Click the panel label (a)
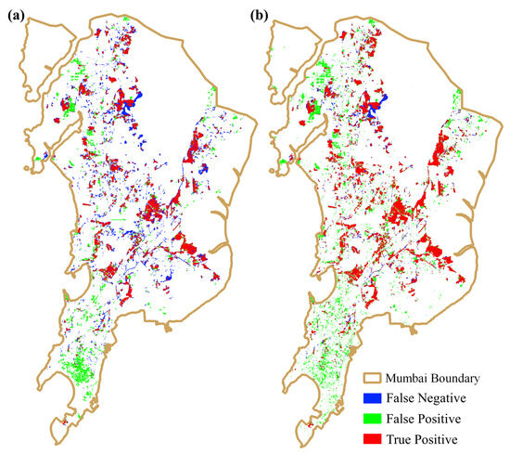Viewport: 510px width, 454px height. click(15, 14)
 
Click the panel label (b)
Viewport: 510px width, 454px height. click(275, 14)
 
